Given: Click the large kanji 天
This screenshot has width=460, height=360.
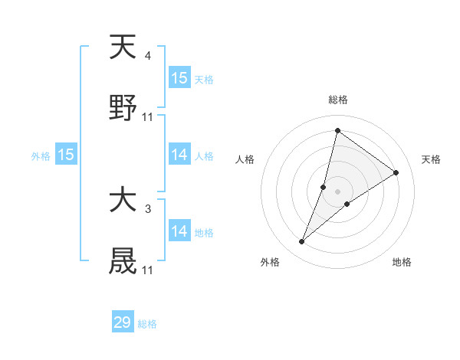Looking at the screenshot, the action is pos(123,47).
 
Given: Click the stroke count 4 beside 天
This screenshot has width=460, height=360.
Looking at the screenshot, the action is pos(148,56).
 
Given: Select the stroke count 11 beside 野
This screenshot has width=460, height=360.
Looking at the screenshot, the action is pos(148,116).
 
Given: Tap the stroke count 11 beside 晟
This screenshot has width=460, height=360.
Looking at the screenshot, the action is pos(148,270).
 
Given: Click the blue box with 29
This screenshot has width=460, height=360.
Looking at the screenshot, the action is pos(123,322).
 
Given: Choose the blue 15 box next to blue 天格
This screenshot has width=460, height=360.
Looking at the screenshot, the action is pos(179,77).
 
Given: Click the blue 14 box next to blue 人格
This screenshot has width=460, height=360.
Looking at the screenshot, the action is pos(179,155).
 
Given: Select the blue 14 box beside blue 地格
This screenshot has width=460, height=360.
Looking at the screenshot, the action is pos(179,231).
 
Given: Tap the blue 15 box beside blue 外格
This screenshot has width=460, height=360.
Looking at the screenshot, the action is pos(66,155).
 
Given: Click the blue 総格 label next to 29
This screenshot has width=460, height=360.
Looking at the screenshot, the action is pos(148,324).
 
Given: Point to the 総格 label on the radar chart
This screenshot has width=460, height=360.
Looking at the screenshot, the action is pos(338,100).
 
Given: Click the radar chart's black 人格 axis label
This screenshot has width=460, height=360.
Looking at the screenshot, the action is pos(245,159).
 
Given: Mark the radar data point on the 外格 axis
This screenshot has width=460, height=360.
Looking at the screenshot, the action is pos(302,242).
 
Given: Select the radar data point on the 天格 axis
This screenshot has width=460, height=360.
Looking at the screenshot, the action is pos(396,172).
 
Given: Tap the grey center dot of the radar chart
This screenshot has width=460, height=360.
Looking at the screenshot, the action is pos(338,191).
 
